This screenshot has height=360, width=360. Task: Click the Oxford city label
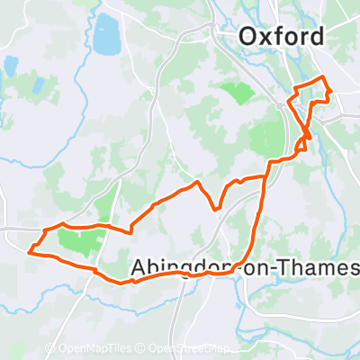pyautogui.click(x=281, y=37)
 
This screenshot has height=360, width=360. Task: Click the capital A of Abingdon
pyautogui.click(x=139, y=267)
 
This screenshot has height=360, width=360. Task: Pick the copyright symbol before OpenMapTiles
pyautogui.click(x=50, y=348)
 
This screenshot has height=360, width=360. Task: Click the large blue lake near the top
pyautogui.click(x=106, y=34)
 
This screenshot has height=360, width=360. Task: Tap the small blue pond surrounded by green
pyautogui.click(x=11, y=66)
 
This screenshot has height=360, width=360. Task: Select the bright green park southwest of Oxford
pyautogui.click(x=237, y=91)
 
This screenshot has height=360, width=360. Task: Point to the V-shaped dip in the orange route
pyautogui.click(x=217, y=209)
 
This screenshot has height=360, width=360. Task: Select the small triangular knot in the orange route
pyautogui.click(x=308, y=134)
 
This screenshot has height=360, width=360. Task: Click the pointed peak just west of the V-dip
pyautogui.click(x=197, y=184)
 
